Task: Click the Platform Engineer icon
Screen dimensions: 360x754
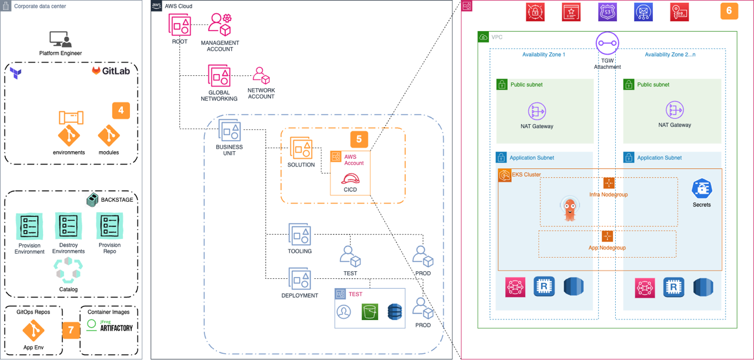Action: coord(61,39)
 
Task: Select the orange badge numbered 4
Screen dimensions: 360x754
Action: coord(121,110)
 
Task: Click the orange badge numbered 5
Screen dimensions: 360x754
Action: coord(359,139)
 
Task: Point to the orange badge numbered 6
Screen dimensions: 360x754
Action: coord(729,11)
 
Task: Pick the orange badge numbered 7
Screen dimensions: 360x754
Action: coord(71,330)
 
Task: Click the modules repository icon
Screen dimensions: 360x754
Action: coord(109,136)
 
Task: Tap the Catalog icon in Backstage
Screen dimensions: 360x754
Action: coord(68,271)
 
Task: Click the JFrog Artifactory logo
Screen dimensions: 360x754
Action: coord(110,325)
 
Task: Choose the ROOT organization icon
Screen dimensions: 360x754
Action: coord(179,25)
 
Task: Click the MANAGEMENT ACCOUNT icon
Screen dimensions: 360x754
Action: coord(219,25)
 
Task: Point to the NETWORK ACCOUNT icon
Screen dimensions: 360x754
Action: coord(261,75)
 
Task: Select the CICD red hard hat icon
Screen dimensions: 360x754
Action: coord(351,179)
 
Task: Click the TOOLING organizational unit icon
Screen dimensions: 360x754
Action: coord(299,235)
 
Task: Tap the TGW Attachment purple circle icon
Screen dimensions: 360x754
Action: coord(607,44)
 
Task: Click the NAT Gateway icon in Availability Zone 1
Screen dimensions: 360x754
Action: coord(536,111)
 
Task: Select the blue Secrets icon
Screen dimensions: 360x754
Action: coord(702,189)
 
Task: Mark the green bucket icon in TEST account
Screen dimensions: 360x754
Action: coord(369,311)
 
